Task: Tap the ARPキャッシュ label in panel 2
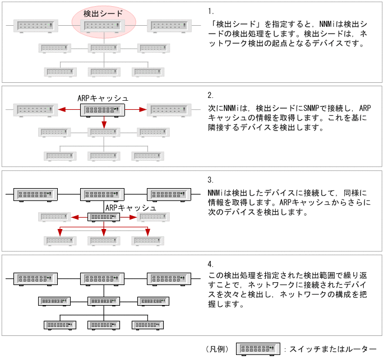pos(103,98)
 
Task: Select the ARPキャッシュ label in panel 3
pos(131,207)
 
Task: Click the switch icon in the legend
pos(258,349)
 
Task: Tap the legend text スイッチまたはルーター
pos(334,349)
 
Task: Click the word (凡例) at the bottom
pos(217,349)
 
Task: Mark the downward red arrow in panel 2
pos(104,123)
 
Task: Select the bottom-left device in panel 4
pos(61,325)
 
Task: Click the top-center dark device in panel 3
pos(103,195)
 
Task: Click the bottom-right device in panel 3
pos(147,240)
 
